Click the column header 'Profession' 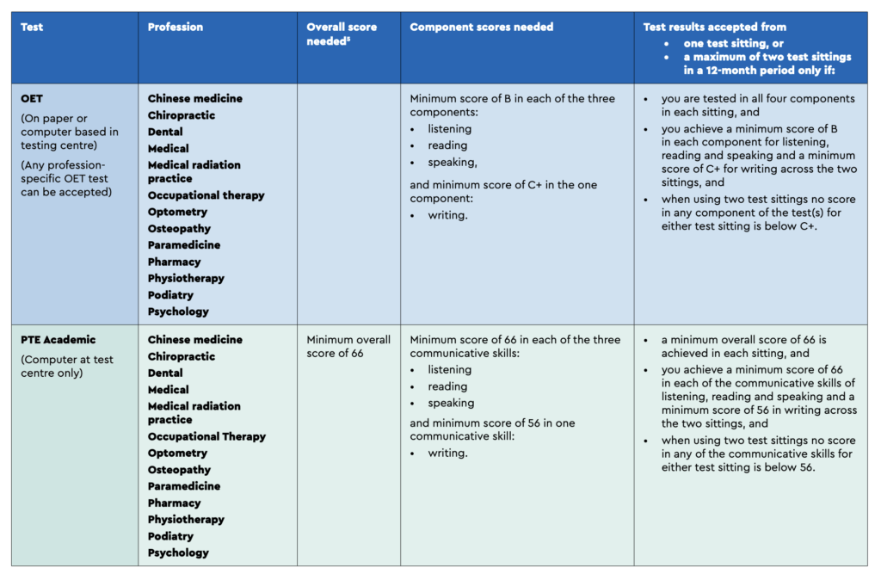[175, 27]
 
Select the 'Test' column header [32, 27]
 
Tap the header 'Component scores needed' [481, 27]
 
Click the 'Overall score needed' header [342, 34]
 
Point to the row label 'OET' [32, 99]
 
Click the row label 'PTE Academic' [59, 340]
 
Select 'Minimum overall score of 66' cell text [348, 347]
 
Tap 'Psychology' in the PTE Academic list [178, 553]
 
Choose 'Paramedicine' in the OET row [184, 245]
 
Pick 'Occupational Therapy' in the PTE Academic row [206, 437]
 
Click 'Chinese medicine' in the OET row [195, 99]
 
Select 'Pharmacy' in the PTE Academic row [174, 503]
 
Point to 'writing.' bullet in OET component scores [448, 215]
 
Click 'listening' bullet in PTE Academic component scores [450, 370]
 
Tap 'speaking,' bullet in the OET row [453, 163]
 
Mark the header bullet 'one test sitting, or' [736, 42]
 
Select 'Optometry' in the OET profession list [177, 213]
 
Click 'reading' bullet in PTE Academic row [448, 386]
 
